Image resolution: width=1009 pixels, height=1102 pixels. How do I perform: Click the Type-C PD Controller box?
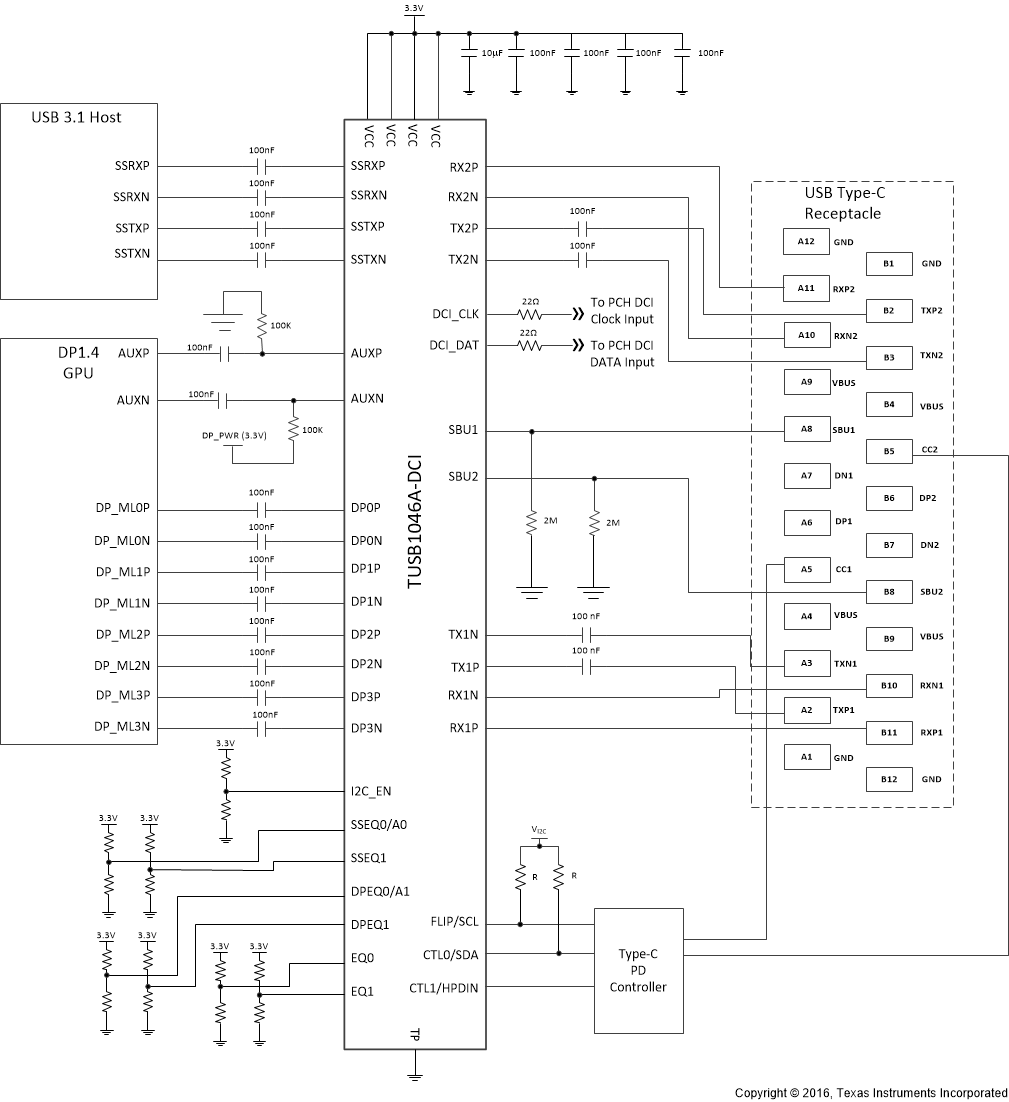point(639,970)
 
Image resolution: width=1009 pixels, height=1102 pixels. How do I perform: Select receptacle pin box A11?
point(805,288)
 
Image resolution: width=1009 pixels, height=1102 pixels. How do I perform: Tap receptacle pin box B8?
point(889,591)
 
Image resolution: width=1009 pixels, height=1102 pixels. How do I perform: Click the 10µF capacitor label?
point(490,52)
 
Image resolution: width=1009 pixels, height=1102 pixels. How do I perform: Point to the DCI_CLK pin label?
point(455,314)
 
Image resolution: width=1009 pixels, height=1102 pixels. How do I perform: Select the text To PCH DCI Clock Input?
point(622,311)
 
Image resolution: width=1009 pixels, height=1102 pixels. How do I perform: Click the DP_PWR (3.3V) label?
point(234,437)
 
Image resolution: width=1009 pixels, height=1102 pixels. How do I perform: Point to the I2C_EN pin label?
point(371,791)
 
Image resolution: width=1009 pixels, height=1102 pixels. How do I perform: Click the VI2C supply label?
point(539,831)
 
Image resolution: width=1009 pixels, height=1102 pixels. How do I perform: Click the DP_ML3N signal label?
point(122,728)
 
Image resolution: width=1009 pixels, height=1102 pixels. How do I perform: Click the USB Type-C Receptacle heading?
point(852,203)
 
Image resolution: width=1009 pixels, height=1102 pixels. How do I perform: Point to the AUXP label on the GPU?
point(133,353)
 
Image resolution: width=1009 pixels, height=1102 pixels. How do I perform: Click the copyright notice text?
point(870,1093)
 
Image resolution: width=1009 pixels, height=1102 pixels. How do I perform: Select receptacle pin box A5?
point(805,569)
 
